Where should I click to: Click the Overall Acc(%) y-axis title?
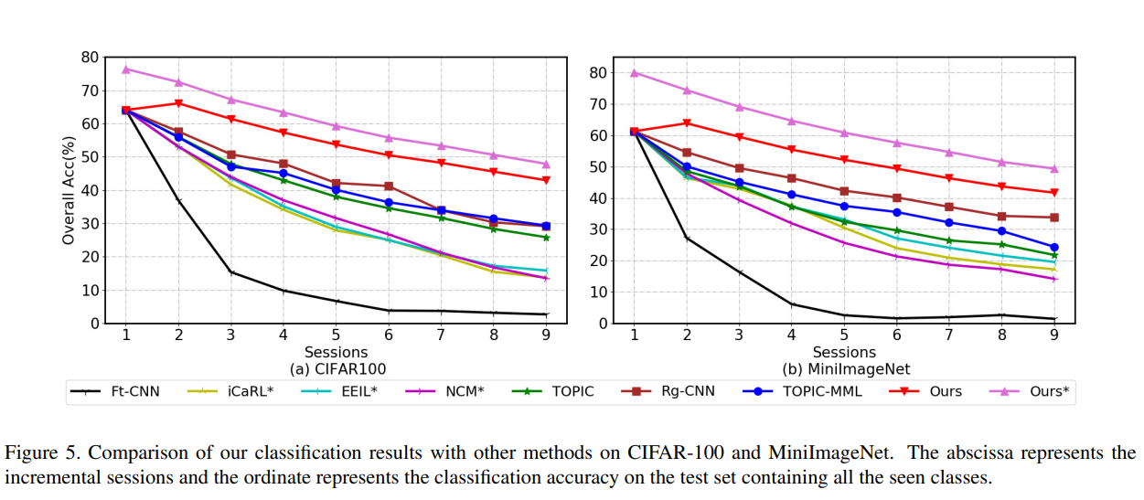click(69, 190)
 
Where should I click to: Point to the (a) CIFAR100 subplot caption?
click(337, 369)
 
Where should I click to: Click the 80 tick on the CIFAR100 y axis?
click(90, 57)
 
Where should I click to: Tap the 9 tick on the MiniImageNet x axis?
click(1054, 335)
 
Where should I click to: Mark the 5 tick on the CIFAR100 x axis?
click(337, 335)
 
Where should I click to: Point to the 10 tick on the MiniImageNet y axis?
click(601, 293)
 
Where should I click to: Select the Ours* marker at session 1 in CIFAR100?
click(126, 69)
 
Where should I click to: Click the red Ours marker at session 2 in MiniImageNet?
click(687, 123)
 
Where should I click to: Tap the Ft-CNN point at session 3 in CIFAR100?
click(231, 272)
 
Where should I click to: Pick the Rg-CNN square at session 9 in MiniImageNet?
click(1054, 218)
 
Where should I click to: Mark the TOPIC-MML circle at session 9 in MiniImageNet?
click(1054, 247)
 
